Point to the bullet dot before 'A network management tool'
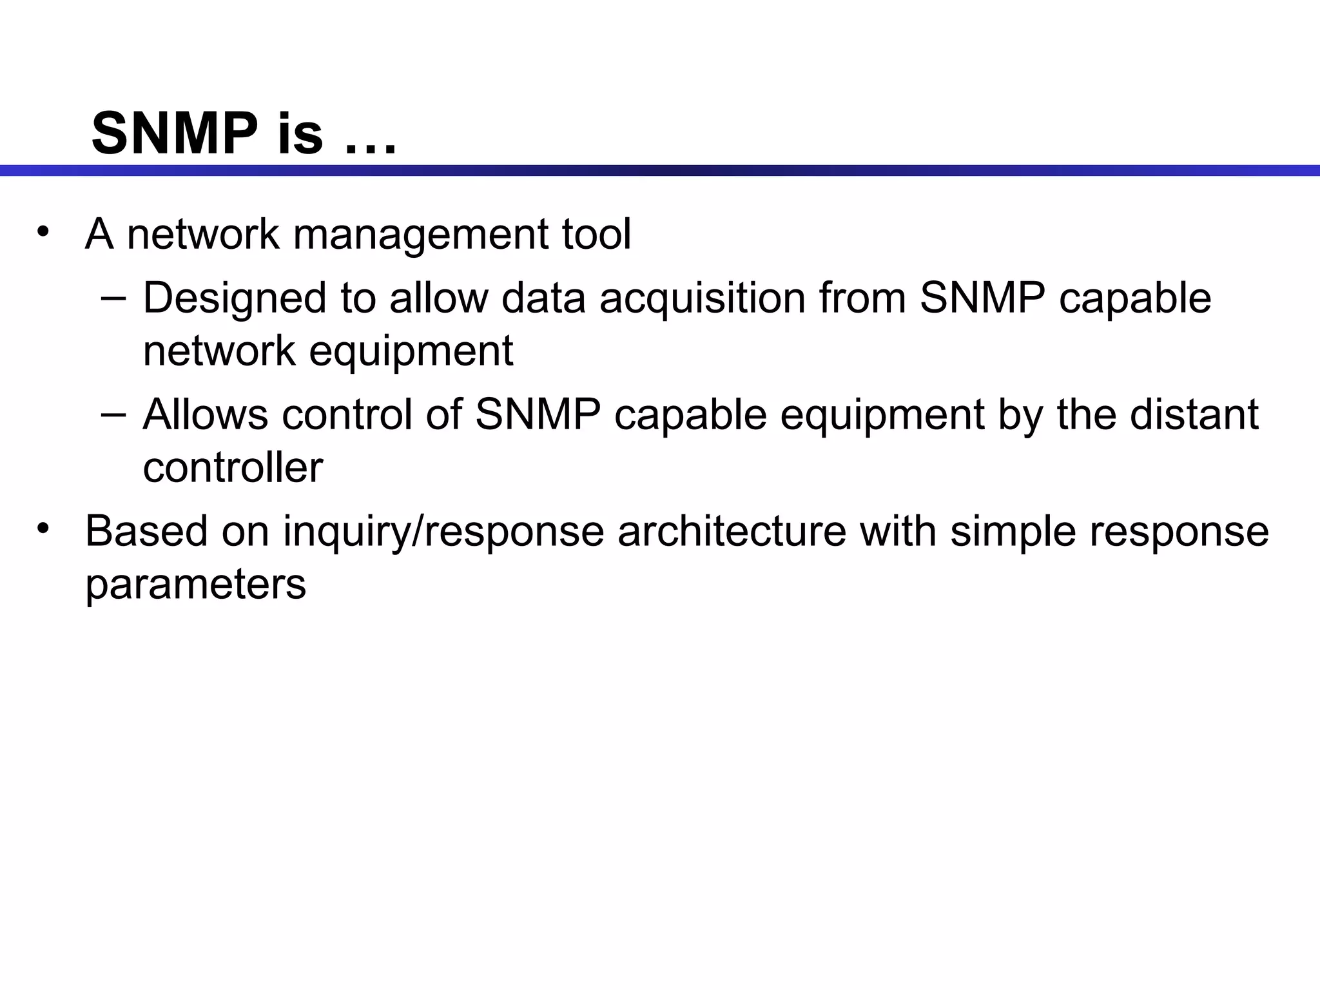pos(43,232)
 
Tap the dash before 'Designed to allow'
pos(113,298)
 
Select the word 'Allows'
pos(205,414)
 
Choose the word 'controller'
pos(233,467)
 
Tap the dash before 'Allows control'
pos(113,414)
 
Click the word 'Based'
pos(146,532)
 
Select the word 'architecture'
pos(732,532)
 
